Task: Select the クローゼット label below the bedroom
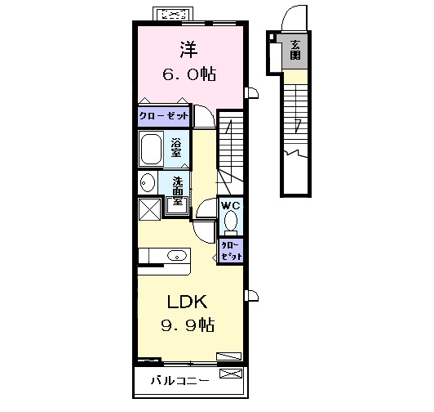(163, 116)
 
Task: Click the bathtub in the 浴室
(153, 150)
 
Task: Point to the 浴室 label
(177, 149)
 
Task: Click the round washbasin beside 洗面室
(147, 181)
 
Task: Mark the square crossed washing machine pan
(149, 208)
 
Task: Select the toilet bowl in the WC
(230, 222)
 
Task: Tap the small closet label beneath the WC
(229, 249)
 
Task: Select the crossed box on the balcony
(232, 374)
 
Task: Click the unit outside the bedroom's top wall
(176, 15)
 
